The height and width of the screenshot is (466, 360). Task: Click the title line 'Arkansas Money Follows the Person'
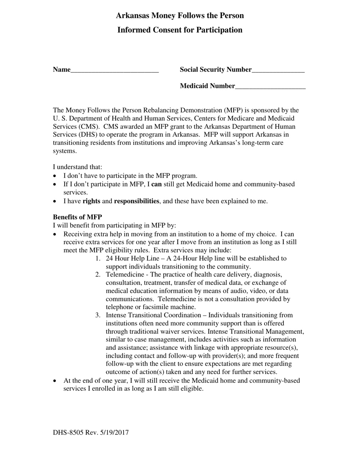tap(180, 16)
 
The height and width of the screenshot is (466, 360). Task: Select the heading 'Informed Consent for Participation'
tap(180, 30)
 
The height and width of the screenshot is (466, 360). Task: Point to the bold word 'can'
tap(157, 184)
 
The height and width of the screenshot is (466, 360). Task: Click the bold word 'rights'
tap(91, 201)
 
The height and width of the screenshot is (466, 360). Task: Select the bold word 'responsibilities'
tap(136, 201)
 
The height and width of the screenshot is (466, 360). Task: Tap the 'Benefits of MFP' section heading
tap(77, 217)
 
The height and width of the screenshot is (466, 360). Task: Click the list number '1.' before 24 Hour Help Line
tap(98, 258)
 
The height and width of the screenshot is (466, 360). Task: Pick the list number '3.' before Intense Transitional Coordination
tap(98, 315)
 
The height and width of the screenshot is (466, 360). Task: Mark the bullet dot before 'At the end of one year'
tap(55, 381)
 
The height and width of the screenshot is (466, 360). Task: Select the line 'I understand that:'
tap(78, 167)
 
